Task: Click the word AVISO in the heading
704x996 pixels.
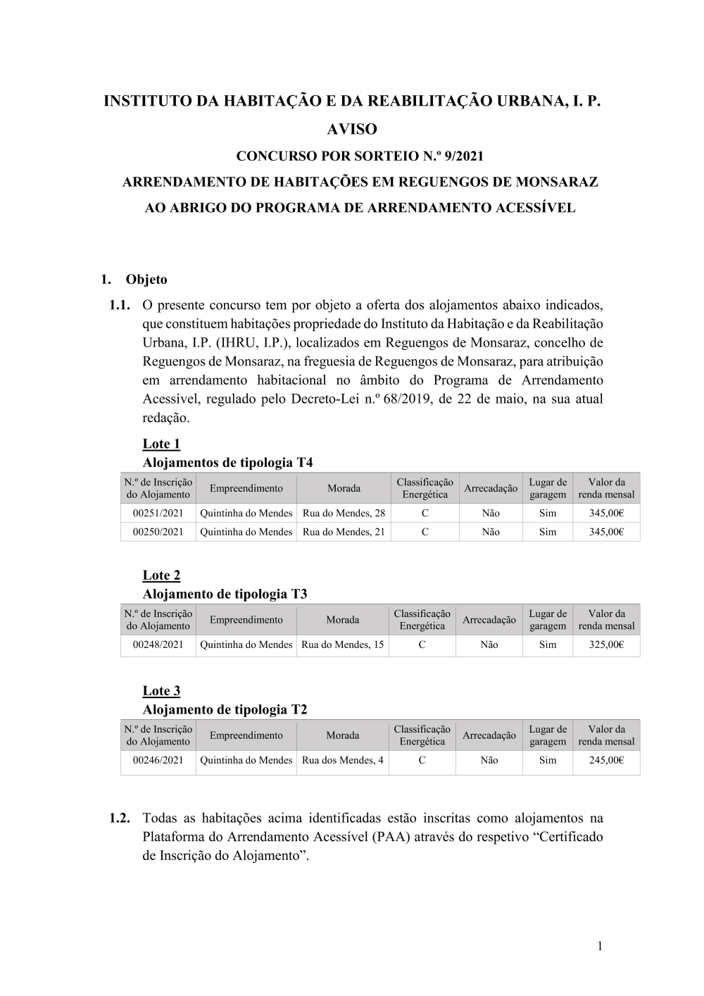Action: pos(352,130)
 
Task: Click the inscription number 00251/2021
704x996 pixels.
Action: pos(158,513)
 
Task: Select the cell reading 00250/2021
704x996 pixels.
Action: pos(158,532)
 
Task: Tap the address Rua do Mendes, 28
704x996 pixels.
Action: pos(344,513)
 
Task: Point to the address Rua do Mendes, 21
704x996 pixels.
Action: pos(344,532)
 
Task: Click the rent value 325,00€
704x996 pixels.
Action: pos(606,645)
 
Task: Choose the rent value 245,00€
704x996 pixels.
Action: pos(606,760)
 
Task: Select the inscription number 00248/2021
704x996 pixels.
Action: pos(158,645)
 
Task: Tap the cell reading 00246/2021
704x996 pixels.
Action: pos(158,760)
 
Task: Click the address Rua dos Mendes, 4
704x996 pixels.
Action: pos(343,760)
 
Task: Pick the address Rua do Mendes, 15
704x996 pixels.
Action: pos(343,645)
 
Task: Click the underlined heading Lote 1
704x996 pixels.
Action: pos(161,444)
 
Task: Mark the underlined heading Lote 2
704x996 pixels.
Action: pos(161,575)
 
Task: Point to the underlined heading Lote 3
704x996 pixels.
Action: pos(161,691)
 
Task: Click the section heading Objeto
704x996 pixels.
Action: pos(146,280)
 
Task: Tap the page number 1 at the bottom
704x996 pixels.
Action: pos(600,946)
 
